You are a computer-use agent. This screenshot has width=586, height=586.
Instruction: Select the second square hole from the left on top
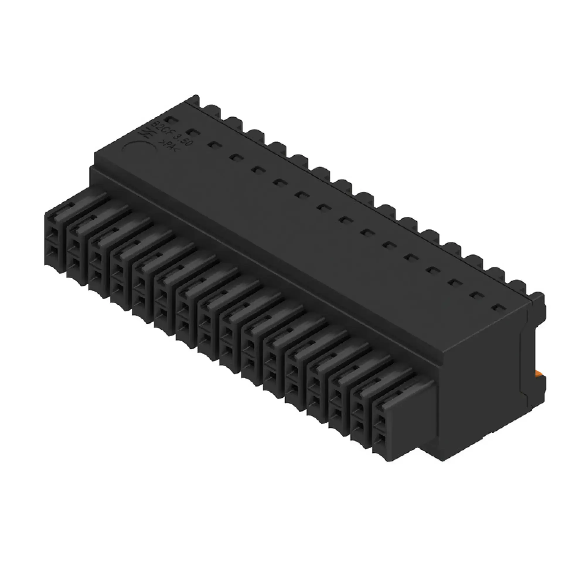click(192, 132)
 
